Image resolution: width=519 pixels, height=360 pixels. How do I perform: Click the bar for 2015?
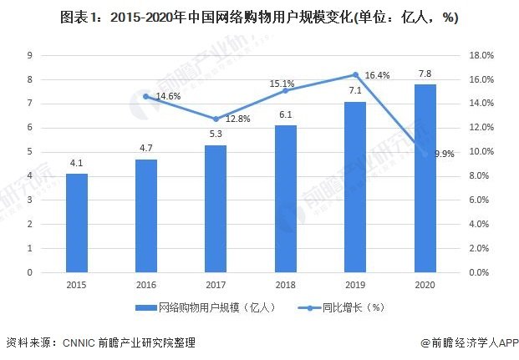[x=77, y=223]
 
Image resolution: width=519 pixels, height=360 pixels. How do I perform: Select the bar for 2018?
[x=286, y=199]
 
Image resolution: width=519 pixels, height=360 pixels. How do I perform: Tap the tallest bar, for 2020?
[x=425, y=178]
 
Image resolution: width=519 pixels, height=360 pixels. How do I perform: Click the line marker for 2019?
[x=355, y=74]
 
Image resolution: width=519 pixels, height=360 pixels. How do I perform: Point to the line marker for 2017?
[x=216, y=119]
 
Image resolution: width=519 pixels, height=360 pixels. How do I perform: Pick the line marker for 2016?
[x=146, y=96]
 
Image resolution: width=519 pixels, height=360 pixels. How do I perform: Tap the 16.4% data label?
[x=378, y=75]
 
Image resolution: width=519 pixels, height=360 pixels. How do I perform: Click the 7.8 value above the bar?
[x=425, y=74]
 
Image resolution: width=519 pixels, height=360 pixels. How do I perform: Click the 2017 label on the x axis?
[x=216, y=285]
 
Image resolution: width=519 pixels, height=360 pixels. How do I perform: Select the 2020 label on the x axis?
[x=425, y=285]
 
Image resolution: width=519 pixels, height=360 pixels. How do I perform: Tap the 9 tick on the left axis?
[x=30, y=55]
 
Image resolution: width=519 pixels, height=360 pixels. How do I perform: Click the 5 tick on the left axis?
[x=30, y=152]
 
